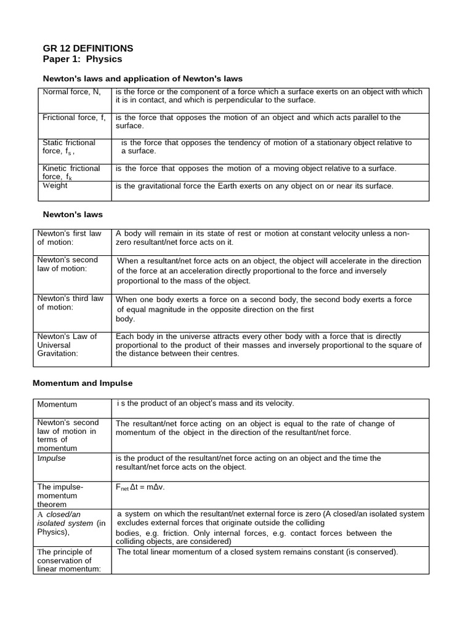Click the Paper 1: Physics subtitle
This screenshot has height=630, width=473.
pos(83,59)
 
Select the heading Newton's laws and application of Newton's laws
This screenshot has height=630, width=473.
pos(142,79)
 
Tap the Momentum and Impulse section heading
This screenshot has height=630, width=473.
pos(82,383)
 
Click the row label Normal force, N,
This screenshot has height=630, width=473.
pos(71,92)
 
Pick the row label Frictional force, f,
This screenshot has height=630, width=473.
pos(74,117)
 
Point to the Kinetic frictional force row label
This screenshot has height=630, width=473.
pos(71,172)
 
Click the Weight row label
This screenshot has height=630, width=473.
pos(55,186)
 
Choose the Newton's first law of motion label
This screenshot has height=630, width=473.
pos(69,237)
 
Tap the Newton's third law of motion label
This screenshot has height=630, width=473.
pos(70,303)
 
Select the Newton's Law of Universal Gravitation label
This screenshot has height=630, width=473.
pos(67,345)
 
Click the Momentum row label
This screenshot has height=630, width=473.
pos(57,404)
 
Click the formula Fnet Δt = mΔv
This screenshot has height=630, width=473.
pos(140,487)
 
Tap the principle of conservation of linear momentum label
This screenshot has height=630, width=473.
pos(65,560)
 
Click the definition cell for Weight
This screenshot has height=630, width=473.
pos(254,186)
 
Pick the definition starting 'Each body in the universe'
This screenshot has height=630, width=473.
pos(269,345)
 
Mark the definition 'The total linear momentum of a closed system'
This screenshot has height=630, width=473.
pos(257,552)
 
